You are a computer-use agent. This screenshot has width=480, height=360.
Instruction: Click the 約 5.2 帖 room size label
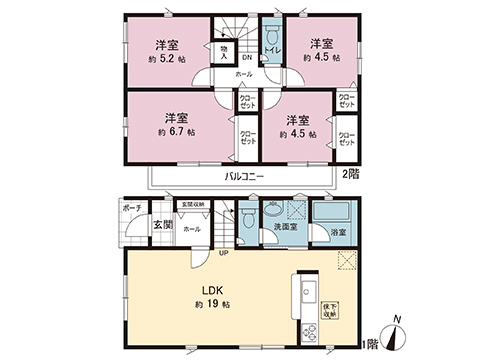tap(165, 58)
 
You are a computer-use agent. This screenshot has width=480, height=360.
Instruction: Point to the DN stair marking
tap(246, 57)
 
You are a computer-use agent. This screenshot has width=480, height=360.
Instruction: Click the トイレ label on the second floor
tap(269, 41)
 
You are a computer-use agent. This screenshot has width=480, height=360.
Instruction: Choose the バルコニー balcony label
tap(243, 175)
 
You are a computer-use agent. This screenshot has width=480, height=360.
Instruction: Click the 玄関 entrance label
tap(163, 225)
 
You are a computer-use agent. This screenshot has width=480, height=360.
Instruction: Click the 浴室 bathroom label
tap(340, 232)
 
